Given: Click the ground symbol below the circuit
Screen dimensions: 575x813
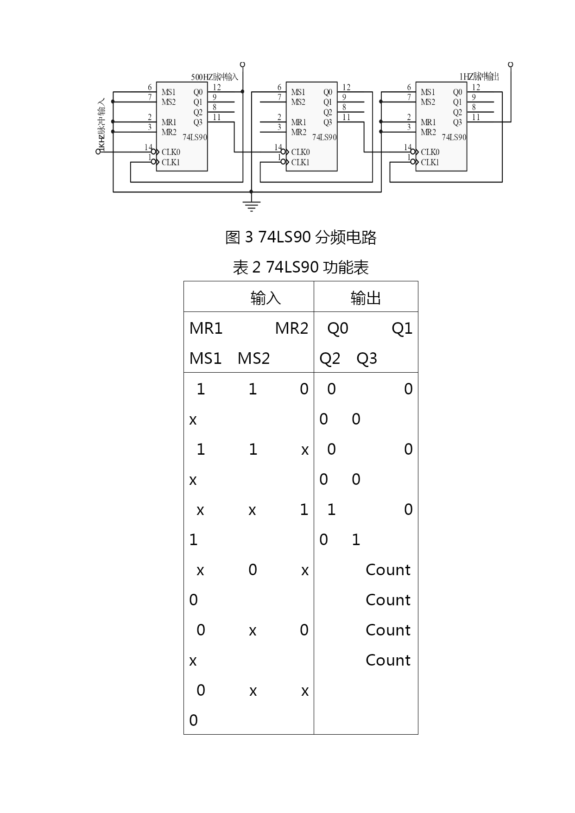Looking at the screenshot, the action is [251, 205].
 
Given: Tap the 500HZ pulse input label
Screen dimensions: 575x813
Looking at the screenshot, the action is [215, 77].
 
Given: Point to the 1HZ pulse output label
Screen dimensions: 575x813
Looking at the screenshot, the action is [479, 77].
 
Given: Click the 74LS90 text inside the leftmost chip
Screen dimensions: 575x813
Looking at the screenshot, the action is [195, 137].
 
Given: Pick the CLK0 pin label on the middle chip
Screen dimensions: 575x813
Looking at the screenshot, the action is [300, 152].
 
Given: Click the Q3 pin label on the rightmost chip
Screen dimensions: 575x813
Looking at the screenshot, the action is [457, 122].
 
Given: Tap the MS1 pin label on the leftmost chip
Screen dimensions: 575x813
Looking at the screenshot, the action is [169, 92].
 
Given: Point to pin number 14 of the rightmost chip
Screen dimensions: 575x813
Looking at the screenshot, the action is [408, 147].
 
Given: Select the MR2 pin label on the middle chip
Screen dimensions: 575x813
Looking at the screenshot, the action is [298, 132].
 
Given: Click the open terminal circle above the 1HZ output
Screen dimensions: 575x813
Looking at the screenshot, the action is [511, 64].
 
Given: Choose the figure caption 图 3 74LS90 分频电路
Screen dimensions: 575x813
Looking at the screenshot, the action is [301, 237].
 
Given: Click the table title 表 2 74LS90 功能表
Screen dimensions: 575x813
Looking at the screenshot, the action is [301, 267].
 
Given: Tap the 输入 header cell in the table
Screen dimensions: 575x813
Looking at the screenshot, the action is [265, 298].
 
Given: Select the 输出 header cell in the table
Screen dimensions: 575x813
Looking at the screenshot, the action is [366, 298].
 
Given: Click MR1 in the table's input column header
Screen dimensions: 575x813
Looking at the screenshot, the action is [206, 329].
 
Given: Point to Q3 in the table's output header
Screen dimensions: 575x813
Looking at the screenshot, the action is [366, 359].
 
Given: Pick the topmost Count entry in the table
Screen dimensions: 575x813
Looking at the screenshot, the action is [388, 570].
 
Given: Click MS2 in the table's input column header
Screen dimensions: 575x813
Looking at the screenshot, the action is [253, 359].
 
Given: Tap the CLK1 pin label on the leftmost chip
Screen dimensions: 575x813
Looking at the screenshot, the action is [171, 162].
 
